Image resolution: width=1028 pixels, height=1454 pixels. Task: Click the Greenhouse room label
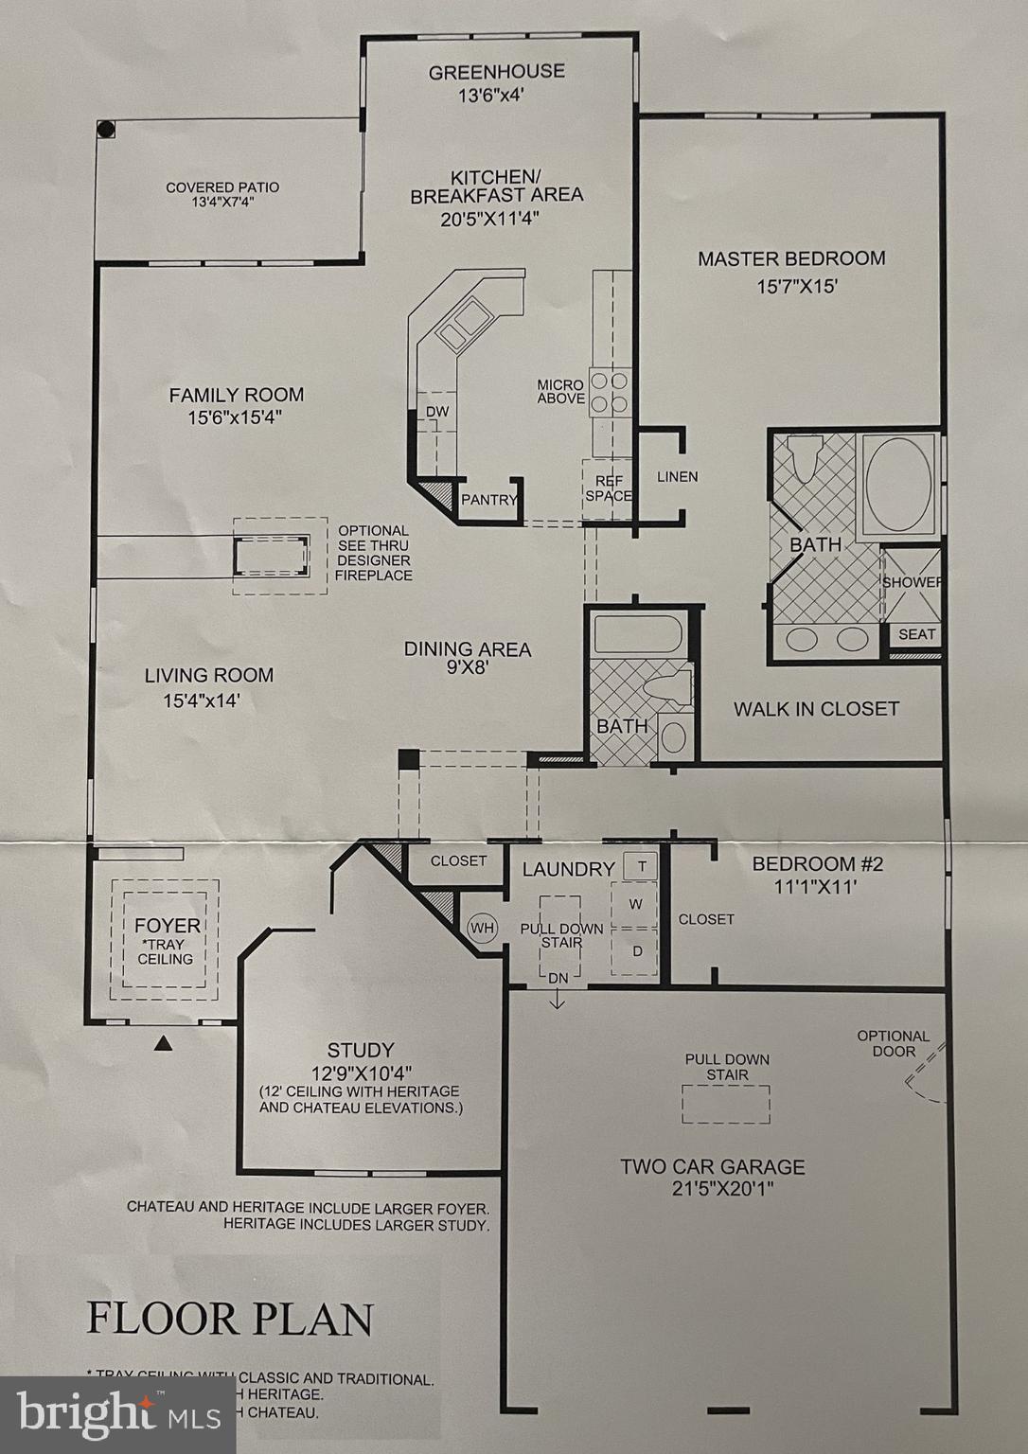tap(496, 72)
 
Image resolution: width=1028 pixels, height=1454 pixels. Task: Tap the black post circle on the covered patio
tap(107, 130)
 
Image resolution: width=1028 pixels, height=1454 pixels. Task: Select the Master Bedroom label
tap(791, 258)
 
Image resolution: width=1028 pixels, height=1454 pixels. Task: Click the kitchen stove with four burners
tap(609, 392)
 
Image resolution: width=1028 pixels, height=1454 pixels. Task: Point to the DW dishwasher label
tap(436, 411)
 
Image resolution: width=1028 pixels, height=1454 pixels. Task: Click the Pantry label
tap(487, 500)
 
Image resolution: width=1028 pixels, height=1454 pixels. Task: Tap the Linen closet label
tap(677, 476)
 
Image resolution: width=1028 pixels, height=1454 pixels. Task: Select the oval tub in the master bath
tap(897, 484)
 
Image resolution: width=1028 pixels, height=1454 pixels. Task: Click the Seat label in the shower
tap(915, 634)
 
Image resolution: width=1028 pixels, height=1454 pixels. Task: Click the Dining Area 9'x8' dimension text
tap(467, 667)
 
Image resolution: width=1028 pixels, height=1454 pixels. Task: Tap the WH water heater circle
tap(482, 928)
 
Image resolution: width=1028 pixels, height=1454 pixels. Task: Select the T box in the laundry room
tap(641, 866)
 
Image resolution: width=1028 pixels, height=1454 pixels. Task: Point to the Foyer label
tap(167, 926)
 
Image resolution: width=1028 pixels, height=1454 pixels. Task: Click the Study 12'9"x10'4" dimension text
tap(360, 1073)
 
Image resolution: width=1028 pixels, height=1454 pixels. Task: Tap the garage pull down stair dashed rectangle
tap(726, 1104)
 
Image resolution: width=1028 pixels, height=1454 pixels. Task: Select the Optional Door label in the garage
tap(893, 1043)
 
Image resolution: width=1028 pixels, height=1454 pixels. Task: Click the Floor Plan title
tap(230, 1319)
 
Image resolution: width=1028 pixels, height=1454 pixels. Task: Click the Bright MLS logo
tap(117, 1414)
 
